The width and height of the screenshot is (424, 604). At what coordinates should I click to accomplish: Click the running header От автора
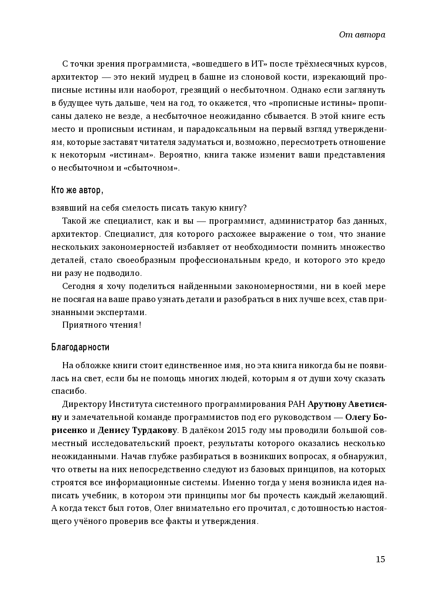coord(362,35)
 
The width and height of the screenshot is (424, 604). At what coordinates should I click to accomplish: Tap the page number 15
coord(380,559)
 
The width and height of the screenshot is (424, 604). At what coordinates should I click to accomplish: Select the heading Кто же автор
coord(77,190)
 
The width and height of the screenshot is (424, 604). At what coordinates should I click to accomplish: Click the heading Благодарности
coord(80,347)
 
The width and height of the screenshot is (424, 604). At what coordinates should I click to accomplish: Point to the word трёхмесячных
coord(309,64)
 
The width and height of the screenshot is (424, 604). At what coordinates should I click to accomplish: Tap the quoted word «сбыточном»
coord(157,168)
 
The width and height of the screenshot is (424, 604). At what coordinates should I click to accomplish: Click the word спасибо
coord(69,391)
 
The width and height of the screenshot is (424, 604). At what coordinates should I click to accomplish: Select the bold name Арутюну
coord(326,404)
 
